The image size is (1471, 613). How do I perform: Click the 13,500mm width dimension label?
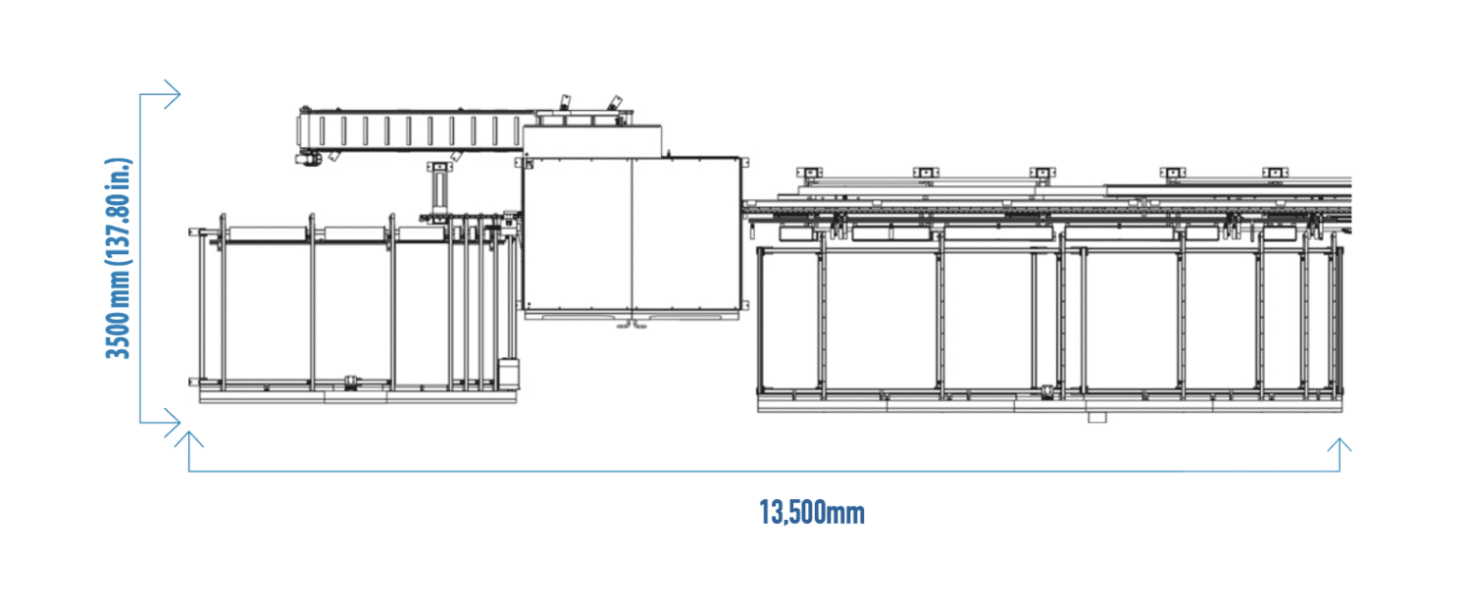tap(812, 513)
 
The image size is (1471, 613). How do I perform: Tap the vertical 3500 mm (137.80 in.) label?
tap(119, 258)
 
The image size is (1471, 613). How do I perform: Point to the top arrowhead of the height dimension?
tap(172, 94)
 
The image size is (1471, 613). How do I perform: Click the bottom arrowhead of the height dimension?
tap(172, 423)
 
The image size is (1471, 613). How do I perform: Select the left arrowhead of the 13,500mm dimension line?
tap(189, 438)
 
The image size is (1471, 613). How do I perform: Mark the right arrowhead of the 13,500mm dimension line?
tap(1340, 445)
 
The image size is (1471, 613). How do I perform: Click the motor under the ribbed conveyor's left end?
tap(307, 158)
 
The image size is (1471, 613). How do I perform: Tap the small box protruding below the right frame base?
tap(1097, 417)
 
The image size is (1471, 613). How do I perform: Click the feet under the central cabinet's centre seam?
tap(632, 325)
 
